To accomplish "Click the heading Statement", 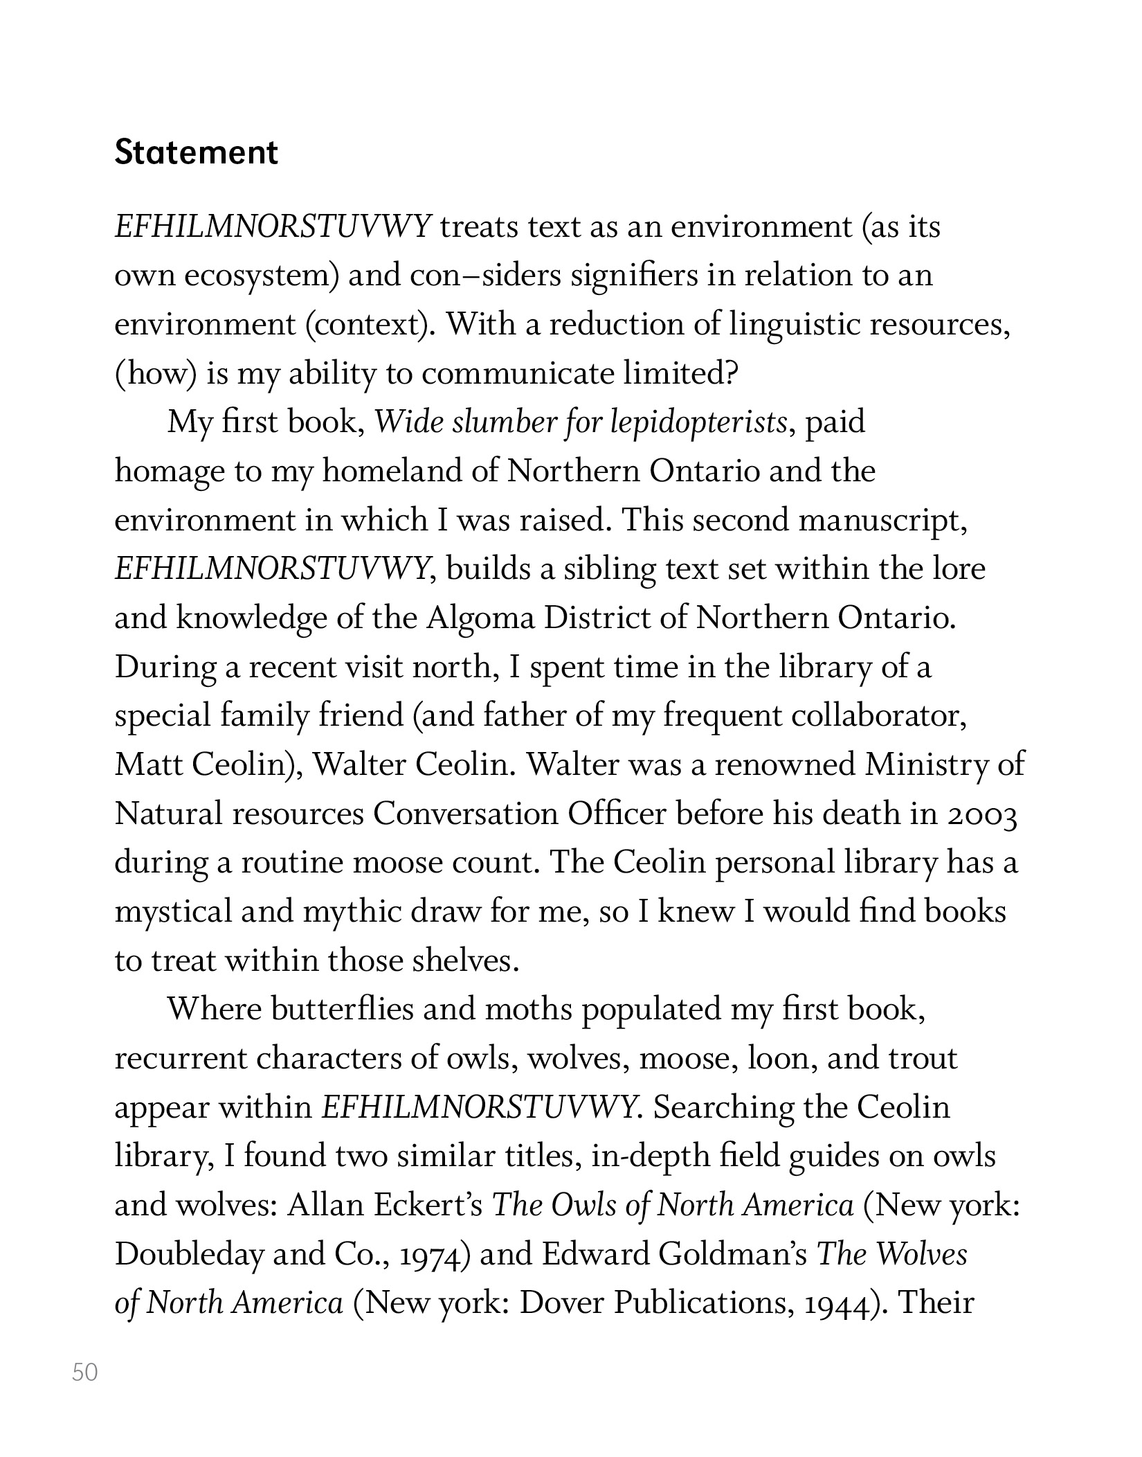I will coord(196,153).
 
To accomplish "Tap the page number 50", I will coord(85,1372).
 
